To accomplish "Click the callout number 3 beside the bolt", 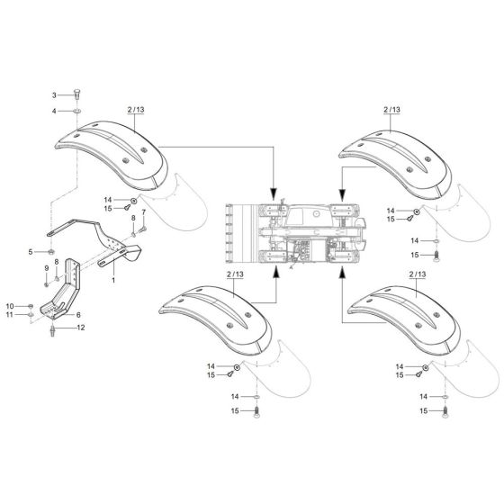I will click(53, 94).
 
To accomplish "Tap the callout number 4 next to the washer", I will click(53, 110).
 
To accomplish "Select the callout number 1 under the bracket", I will click(112, 281).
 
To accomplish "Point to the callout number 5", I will click(30, 251).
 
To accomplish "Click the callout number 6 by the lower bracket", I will click(78, 314).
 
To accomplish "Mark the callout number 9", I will click(46, 269).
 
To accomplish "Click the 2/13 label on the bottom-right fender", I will click(417, 272).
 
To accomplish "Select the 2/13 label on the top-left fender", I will click(136, 110).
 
